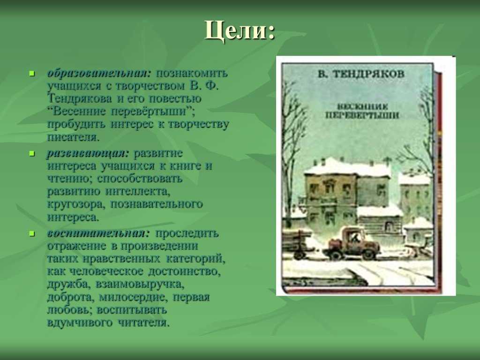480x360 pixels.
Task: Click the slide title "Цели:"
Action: point(240,30)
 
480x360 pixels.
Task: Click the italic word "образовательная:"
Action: point(99,73)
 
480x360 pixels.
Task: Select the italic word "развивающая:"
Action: point(88,153)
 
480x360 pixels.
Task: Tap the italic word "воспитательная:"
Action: point(98,233)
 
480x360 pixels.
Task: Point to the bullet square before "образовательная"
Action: point(32,73)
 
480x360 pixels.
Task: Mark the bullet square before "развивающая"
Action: point(32,153)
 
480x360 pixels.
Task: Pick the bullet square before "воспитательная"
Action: point(32,233)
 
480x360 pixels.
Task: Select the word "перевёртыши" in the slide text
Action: point(151,112)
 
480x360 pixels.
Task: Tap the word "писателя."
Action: point(74,137)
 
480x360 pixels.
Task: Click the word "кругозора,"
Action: point(76,204)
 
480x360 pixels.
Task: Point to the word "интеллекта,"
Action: point(138,191)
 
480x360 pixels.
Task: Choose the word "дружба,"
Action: point(68,285)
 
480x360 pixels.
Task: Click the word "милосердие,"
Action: point(133,297)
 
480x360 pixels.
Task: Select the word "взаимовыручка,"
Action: point(140,285)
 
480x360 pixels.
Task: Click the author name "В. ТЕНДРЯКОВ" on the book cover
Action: point(360,75)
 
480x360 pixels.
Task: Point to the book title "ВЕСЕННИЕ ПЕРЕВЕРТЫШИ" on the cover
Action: point(362,111)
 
